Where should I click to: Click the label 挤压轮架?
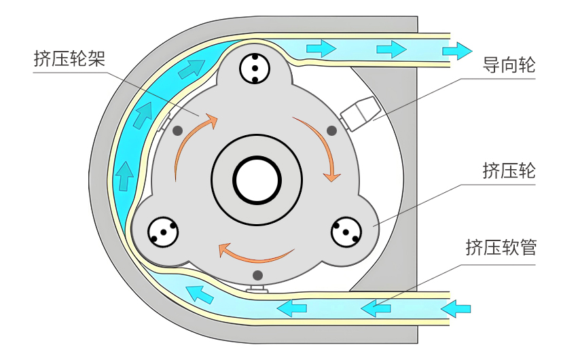coord(69,58)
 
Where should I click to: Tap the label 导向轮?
coord(508,66)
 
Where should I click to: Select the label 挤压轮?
coord(508,170)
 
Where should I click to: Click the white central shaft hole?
coord(257,180)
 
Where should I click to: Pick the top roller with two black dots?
coord(255,69)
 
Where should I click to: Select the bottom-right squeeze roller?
coord(347,233)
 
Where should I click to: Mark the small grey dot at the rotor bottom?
coord(257,275)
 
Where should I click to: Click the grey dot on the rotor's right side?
coord(332,130)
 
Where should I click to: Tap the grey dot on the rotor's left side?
coord(178,130)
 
